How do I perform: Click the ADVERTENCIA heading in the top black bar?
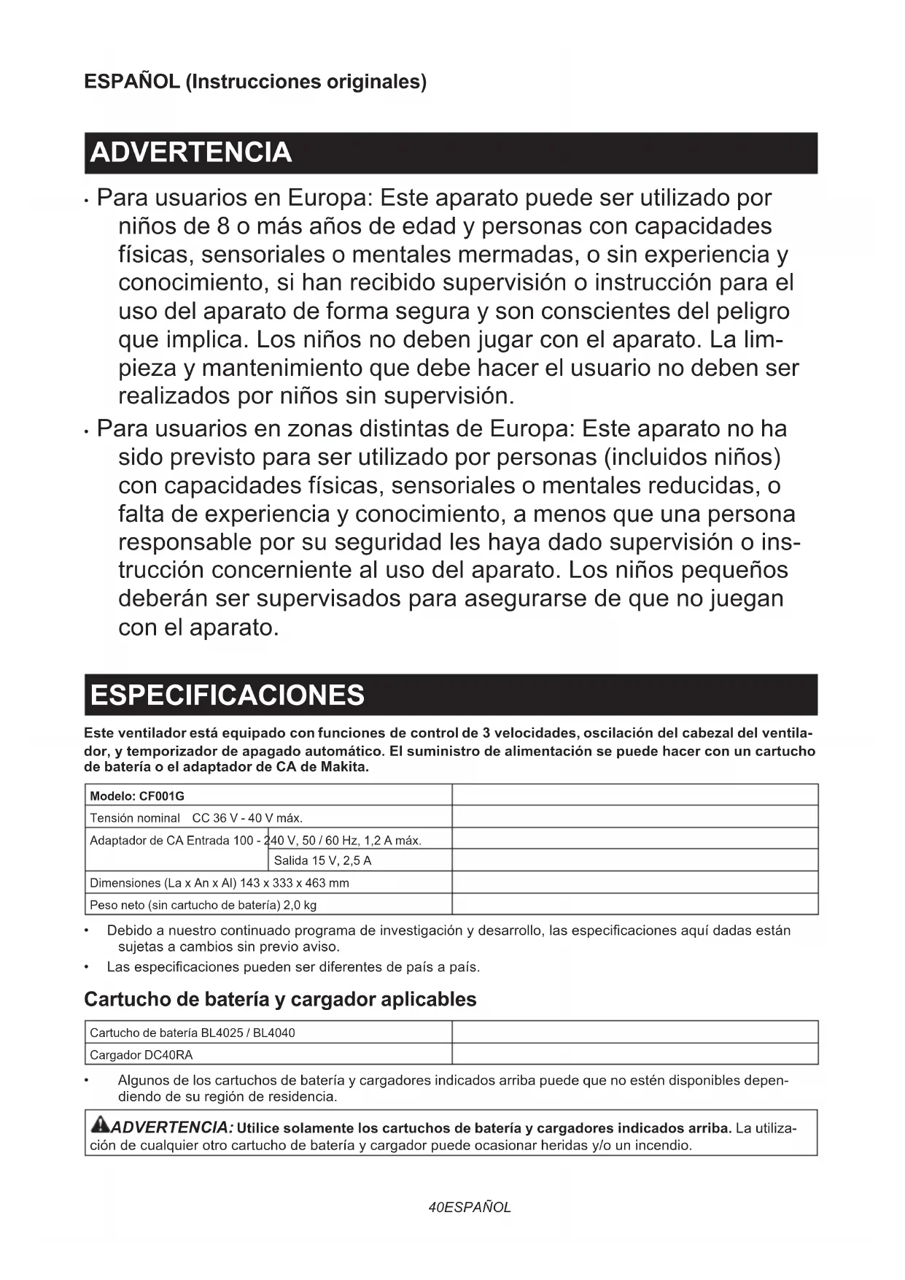[x=191, y=153]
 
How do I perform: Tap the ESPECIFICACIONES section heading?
[x=228, y=695]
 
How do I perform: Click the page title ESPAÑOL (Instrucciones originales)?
[x=255, y=81]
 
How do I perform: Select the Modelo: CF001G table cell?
[x=137, y=795]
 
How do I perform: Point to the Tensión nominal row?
[x=195, y=817]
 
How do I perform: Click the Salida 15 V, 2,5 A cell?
[x=322, y=860]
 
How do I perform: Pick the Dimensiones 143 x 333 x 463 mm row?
[x=219, y=882]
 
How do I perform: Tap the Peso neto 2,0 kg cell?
[x=203, y=905]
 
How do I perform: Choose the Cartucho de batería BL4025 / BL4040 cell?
[x=192, y=1033]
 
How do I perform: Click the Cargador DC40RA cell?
[x=141, y=1055]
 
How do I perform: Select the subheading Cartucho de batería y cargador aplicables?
[x=280, y=999]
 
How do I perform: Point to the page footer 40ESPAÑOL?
[x=470, y=1207]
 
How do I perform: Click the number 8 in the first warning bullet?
[x=224, y=226]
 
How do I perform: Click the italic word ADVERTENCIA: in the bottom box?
[x=173, y=1127]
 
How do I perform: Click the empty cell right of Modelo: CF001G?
[x=634, y=795]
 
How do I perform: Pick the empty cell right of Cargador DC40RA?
[x=634, y=1054]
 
